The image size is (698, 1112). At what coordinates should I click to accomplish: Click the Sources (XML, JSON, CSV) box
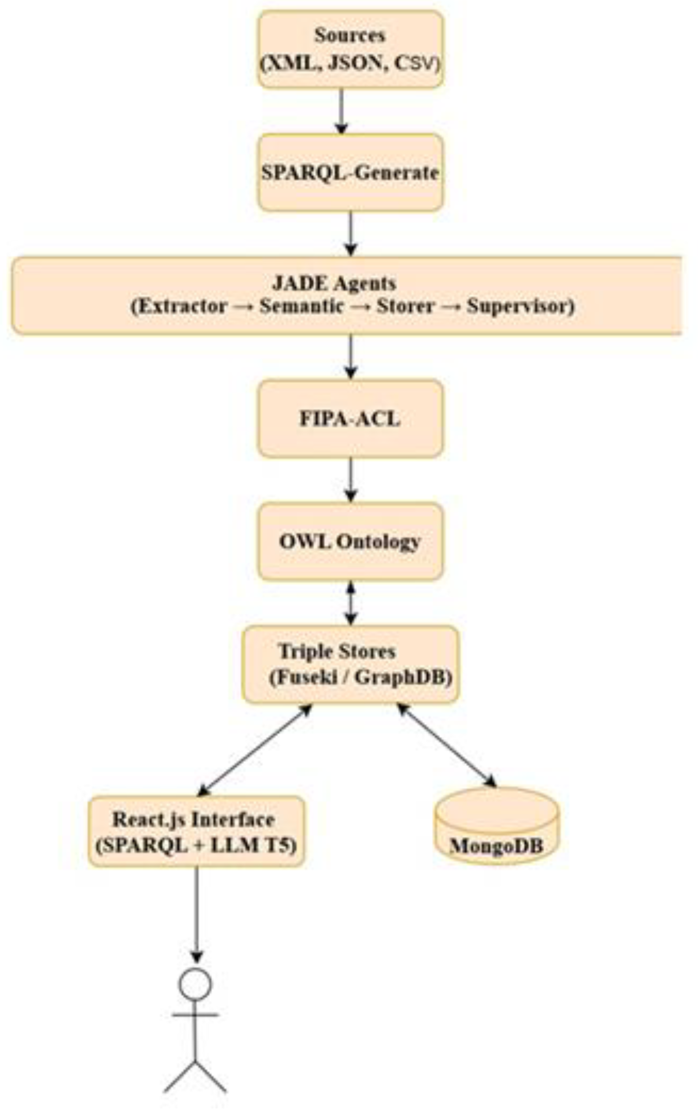[x=350, y=49]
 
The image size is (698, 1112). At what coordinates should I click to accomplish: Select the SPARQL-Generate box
[x=350, y=172]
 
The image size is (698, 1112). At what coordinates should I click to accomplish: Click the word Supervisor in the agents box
[x=520, y=307]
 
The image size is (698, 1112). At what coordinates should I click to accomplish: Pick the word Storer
[x=405, y=307]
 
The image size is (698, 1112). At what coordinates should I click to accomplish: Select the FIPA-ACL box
[x=350, y=419]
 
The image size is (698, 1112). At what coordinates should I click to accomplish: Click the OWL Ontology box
[x=350, y=541]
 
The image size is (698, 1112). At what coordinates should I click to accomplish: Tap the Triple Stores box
[x=350, y=665]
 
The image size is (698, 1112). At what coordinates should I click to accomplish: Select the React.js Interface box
[x=196, y=831]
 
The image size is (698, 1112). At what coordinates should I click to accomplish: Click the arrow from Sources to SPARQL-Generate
[x=341, y=111]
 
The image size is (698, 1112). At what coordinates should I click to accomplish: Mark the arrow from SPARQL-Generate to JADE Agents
[x=351, y=233]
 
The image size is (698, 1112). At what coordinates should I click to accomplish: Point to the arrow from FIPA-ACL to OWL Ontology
[x=351, y=480]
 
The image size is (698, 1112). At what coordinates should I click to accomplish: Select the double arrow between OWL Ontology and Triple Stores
[x=351, y=603]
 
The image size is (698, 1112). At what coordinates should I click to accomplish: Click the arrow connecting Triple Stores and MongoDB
[x=446, y=745]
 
